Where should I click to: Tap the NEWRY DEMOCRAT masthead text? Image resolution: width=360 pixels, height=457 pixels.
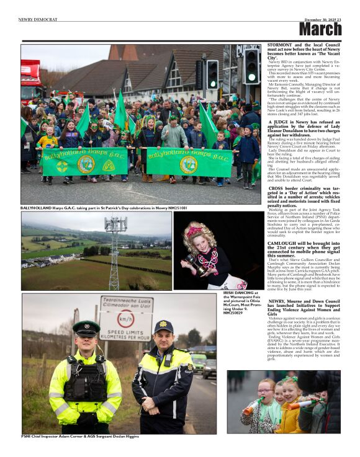(x=38, y=19)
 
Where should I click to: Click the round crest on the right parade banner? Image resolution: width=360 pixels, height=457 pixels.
(x=188, y=164)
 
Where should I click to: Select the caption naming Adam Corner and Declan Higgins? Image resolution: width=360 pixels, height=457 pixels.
(x=80, y=437)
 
